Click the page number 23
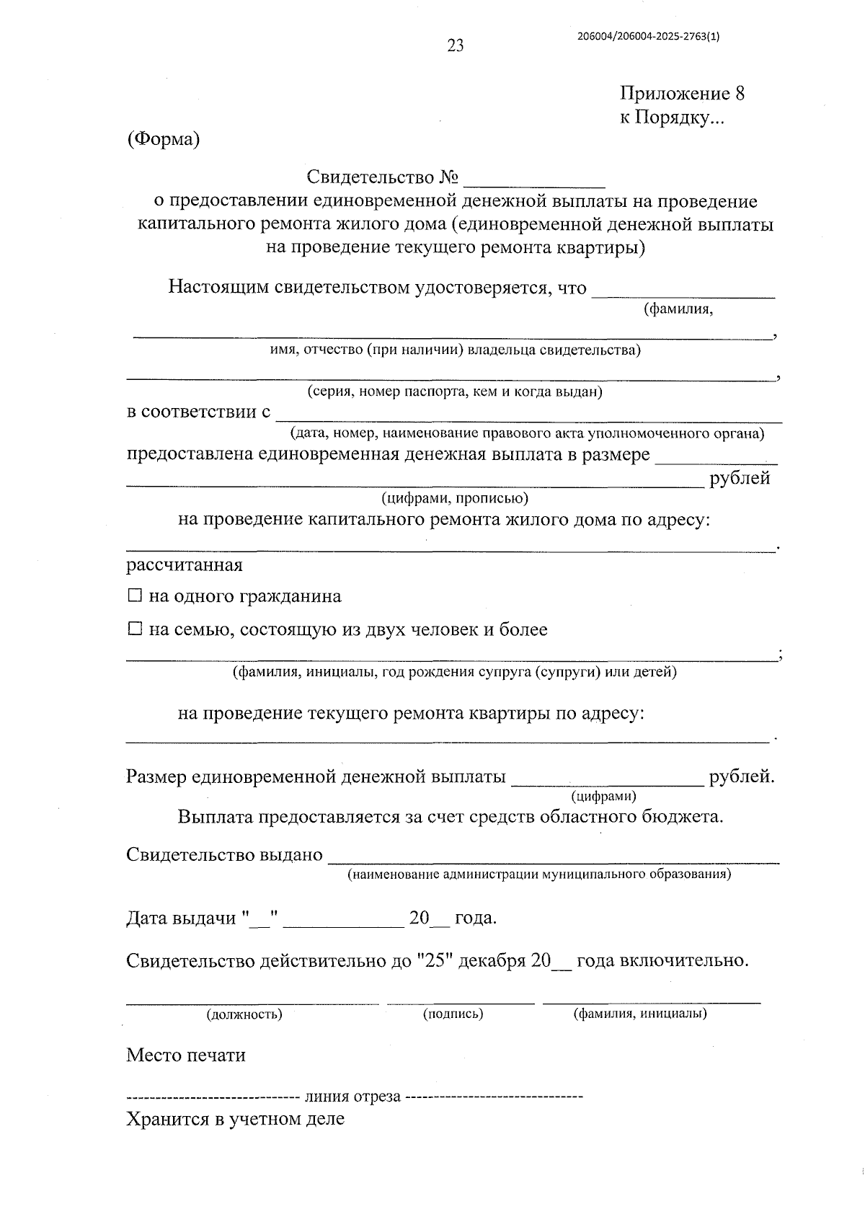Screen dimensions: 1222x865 [456, 46]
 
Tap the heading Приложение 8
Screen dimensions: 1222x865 [682, 94]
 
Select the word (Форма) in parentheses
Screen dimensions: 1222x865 [163, 139]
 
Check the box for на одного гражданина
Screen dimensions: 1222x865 [134, 596]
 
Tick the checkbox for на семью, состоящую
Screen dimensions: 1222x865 [134, 629]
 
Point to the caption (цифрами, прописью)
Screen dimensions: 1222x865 [455, 498]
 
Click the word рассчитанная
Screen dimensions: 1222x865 [185, 564]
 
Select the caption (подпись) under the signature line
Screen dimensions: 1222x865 [453, 1014]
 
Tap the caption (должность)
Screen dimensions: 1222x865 [244, 1014]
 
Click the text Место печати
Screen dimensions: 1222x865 [186, 1055]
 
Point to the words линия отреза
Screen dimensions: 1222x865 [352, 1097]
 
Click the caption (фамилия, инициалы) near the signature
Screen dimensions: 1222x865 [640, 1014]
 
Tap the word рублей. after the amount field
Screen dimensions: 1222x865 [742, 777]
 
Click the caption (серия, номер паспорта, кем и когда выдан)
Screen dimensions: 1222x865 [455, 392]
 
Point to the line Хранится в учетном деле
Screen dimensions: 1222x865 [235, 1119]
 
